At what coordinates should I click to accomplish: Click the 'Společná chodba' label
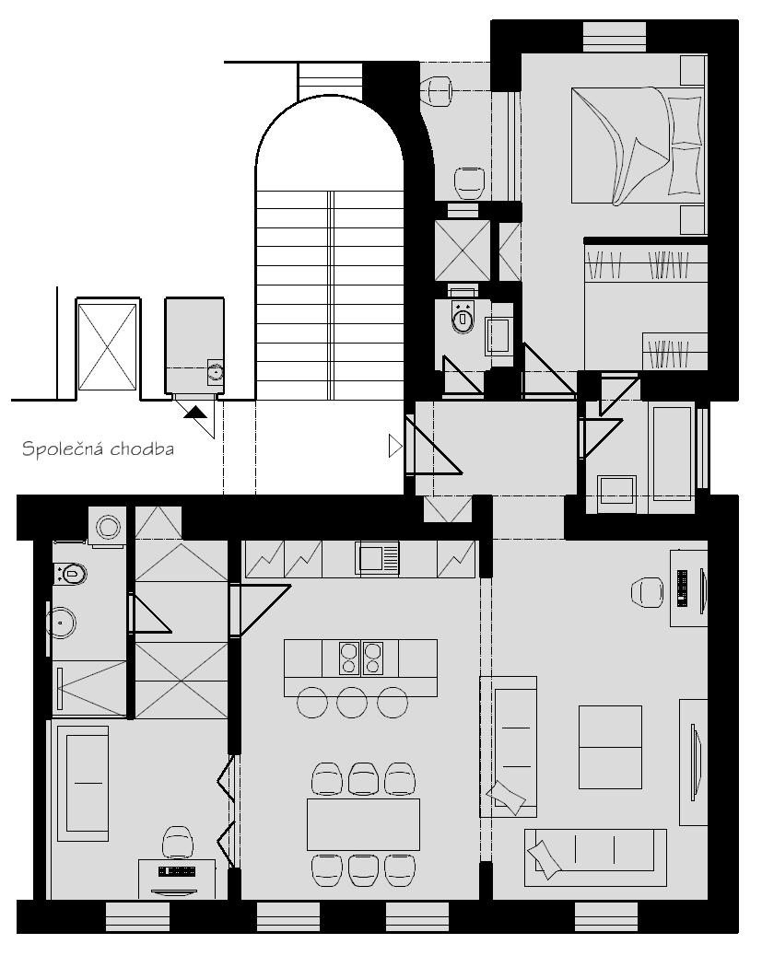click(98, 449)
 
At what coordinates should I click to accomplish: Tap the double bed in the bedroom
click(638, 146)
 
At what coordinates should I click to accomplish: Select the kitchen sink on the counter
click(377, 558)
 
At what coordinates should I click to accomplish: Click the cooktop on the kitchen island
click(361, 658)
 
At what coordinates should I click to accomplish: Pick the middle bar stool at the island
click(352, 703)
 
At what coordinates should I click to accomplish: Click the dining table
click(363, 824)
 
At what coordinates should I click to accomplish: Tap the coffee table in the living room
click(610, 747)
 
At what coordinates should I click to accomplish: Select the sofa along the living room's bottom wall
click(595, 857)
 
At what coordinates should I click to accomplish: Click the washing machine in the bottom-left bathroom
click(108, 527)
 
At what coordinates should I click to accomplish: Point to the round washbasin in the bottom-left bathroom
click(61, 623)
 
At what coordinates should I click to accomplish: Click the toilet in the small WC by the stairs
click(463, 317)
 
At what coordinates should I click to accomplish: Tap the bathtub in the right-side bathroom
click(672, 453)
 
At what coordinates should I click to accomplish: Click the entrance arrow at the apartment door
click(395, 445)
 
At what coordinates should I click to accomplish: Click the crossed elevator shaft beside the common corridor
click(108, 346)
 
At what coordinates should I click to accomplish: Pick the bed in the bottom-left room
click(83, 783)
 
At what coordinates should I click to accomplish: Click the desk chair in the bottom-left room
click(177, 843)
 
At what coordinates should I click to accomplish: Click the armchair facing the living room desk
click(647, 592)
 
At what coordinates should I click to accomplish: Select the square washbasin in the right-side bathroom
click(617, 490)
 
